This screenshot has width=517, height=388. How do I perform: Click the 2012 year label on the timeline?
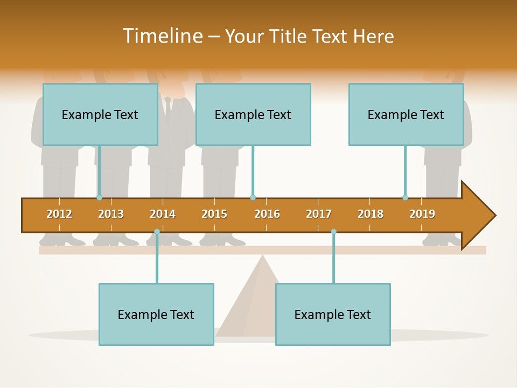point(59,214)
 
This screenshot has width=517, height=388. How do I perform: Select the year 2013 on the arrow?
point(111,214)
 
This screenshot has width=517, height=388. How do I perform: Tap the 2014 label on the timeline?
point(163,214)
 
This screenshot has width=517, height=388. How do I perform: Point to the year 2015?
point(214,214)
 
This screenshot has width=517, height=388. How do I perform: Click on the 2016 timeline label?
point(267,214)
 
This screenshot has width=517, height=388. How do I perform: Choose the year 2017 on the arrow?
point(319,214)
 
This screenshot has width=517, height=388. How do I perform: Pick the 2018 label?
point(371,214)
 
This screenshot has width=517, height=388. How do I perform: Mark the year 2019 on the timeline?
point(422,214)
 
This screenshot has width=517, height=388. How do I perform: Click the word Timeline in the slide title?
point(162,36)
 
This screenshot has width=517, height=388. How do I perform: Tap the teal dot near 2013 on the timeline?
point(99,197)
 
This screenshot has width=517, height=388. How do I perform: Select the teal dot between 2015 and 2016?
point(253,197)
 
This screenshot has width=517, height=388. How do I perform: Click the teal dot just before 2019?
point(405,197)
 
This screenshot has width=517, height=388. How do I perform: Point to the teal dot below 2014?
point(157,232)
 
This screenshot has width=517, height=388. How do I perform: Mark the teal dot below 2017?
point(333,232)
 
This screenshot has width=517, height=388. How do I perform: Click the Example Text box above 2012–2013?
point(100,114)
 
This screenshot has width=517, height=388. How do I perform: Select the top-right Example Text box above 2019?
point(406,114)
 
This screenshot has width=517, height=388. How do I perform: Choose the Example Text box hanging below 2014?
point(156,314)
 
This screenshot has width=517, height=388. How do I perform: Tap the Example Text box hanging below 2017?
point(333,314)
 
